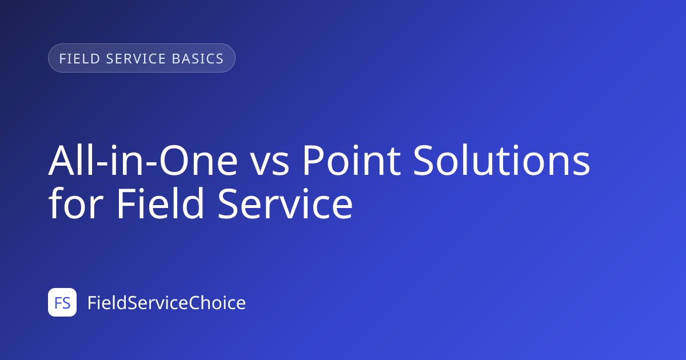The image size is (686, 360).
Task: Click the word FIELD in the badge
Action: (79, 58)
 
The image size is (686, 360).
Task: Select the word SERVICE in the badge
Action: (136, 58)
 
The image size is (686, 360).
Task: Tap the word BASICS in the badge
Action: (198, 58)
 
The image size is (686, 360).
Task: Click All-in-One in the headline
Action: (143, 160)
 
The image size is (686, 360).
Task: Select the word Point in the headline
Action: (352, 161)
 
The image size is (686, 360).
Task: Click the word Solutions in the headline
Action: (502, 160)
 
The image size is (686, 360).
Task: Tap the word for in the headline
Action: (75, 203)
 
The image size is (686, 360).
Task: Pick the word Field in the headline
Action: (160, 203)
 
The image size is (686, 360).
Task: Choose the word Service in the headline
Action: (285, 204)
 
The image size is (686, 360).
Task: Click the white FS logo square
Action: (62, 302)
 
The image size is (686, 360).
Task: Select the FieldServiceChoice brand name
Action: (166, 302)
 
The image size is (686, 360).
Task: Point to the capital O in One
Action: (174, 161)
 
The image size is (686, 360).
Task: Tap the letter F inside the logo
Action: (58, 303)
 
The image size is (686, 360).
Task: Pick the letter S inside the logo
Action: (66, 303)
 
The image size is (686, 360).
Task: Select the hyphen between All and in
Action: (102, 164)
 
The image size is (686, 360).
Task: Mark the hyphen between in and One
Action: (152, 164)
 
